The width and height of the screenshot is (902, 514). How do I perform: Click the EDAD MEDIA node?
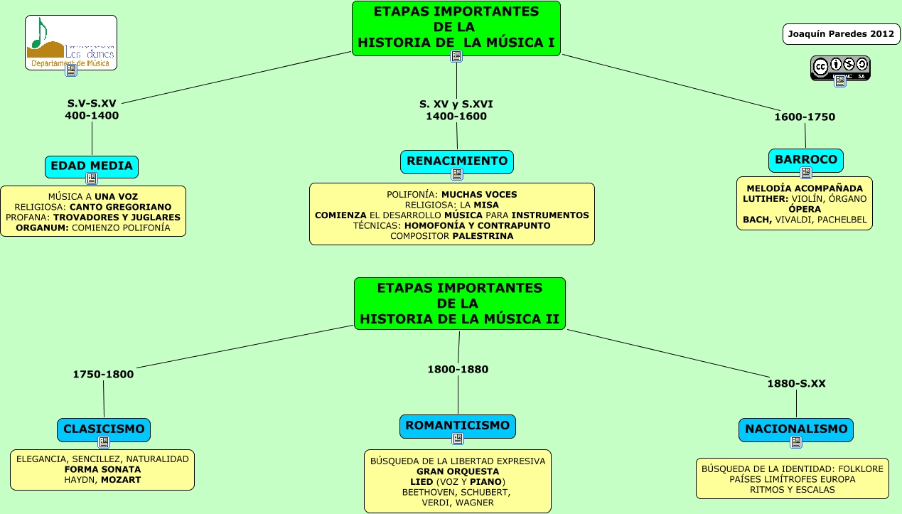coord(91,166)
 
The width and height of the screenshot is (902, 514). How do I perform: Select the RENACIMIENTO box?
coord(456,161)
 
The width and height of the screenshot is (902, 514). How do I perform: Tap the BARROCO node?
coord(805,160)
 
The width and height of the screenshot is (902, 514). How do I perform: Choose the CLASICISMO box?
coord(104,429)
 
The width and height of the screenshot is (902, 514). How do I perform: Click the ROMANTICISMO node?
coord(457,426)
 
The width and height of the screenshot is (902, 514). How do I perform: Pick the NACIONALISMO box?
coord(796,429)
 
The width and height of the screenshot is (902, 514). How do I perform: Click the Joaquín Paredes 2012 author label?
coord(841,33)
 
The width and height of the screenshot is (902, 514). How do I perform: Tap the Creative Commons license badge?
coord(840,67)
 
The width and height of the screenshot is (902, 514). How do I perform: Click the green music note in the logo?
coord(40,33)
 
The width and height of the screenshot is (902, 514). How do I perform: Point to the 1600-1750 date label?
coord(805,117)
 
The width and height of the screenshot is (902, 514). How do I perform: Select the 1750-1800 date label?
coord(103,375)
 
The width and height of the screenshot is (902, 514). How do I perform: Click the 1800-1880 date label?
coord(458,369)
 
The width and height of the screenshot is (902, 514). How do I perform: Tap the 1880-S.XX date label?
coord(796,384)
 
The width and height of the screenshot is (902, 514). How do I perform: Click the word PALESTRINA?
coord(483,236)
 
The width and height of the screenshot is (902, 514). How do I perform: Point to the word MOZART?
coord(121,480)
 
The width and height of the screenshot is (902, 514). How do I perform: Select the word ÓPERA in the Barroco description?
coord(805,209)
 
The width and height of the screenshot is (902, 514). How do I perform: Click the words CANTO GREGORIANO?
coord(131,207)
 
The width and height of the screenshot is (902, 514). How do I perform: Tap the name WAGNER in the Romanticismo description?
coord(476,503)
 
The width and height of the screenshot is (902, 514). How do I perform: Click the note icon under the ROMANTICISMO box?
coord(458,439)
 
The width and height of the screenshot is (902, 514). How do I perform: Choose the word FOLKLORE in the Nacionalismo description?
coord(861,469)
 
